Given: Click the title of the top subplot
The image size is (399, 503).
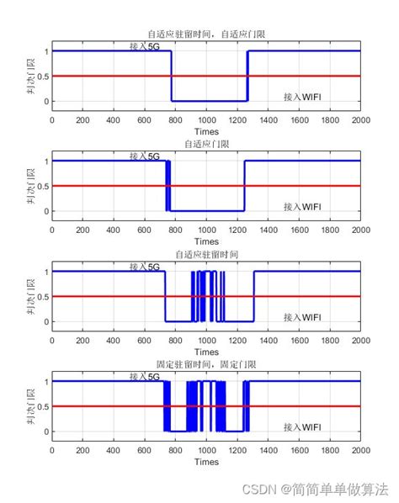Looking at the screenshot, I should [206, 34].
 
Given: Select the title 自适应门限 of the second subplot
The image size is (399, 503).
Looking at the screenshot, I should [206, 145].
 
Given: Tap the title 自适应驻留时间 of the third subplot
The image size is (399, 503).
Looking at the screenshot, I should [206, 255].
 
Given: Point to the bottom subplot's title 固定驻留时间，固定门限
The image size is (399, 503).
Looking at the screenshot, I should [206, 365].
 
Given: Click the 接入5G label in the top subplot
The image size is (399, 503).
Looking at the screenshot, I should [144, 46].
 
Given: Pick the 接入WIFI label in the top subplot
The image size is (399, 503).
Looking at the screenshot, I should [302, 97].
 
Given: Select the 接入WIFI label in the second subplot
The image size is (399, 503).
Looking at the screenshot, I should [302, 206].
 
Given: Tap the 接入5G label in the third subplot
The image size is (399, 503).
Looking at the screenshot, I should [144, 267].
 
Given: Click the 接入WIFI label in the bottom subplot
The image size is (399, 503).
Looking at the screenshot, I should [302, 426].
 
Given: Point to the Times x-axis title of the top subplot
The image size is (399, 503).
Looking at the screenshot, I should [206, 132].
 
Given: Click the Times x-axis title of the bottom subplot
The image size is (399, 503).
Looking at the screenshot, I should [206, 462].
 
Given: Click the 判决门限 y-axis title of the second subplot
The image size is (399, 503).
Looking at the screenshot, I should [30, 185].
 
